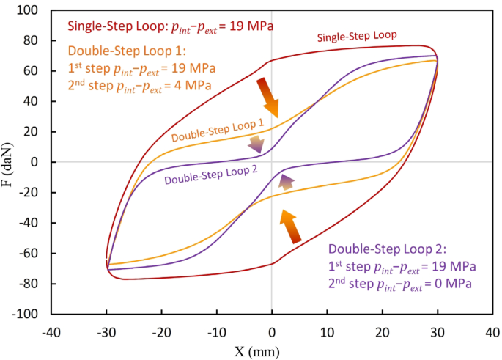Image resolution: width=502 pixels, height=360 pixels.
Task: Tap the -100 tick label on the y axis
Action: pos(26,314)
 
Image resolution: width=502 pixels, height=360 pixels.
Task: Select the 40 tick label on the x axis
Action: pos(492,331)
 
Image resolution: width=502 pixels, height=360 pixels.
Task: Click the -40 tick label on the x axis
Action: pos(51,331)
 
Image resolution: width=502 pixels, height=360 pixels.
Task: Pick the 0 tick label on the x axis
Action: pos(272,331)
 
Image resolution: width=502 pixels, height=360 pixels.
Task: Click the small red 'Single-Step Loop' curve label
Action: pos(357,35)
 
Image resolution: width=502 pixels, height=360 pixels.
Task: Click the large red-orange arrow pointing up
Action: pos(290,225)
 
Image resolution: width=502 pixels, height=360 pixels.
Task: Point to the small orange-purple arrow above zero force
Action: pos(256,144)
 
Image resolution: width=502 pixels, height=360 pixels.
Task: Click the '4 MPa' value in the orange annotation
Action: pos(193,86)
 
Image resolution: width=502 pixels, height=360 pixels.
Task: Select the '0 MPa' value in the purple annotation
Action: pos(455,281)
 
